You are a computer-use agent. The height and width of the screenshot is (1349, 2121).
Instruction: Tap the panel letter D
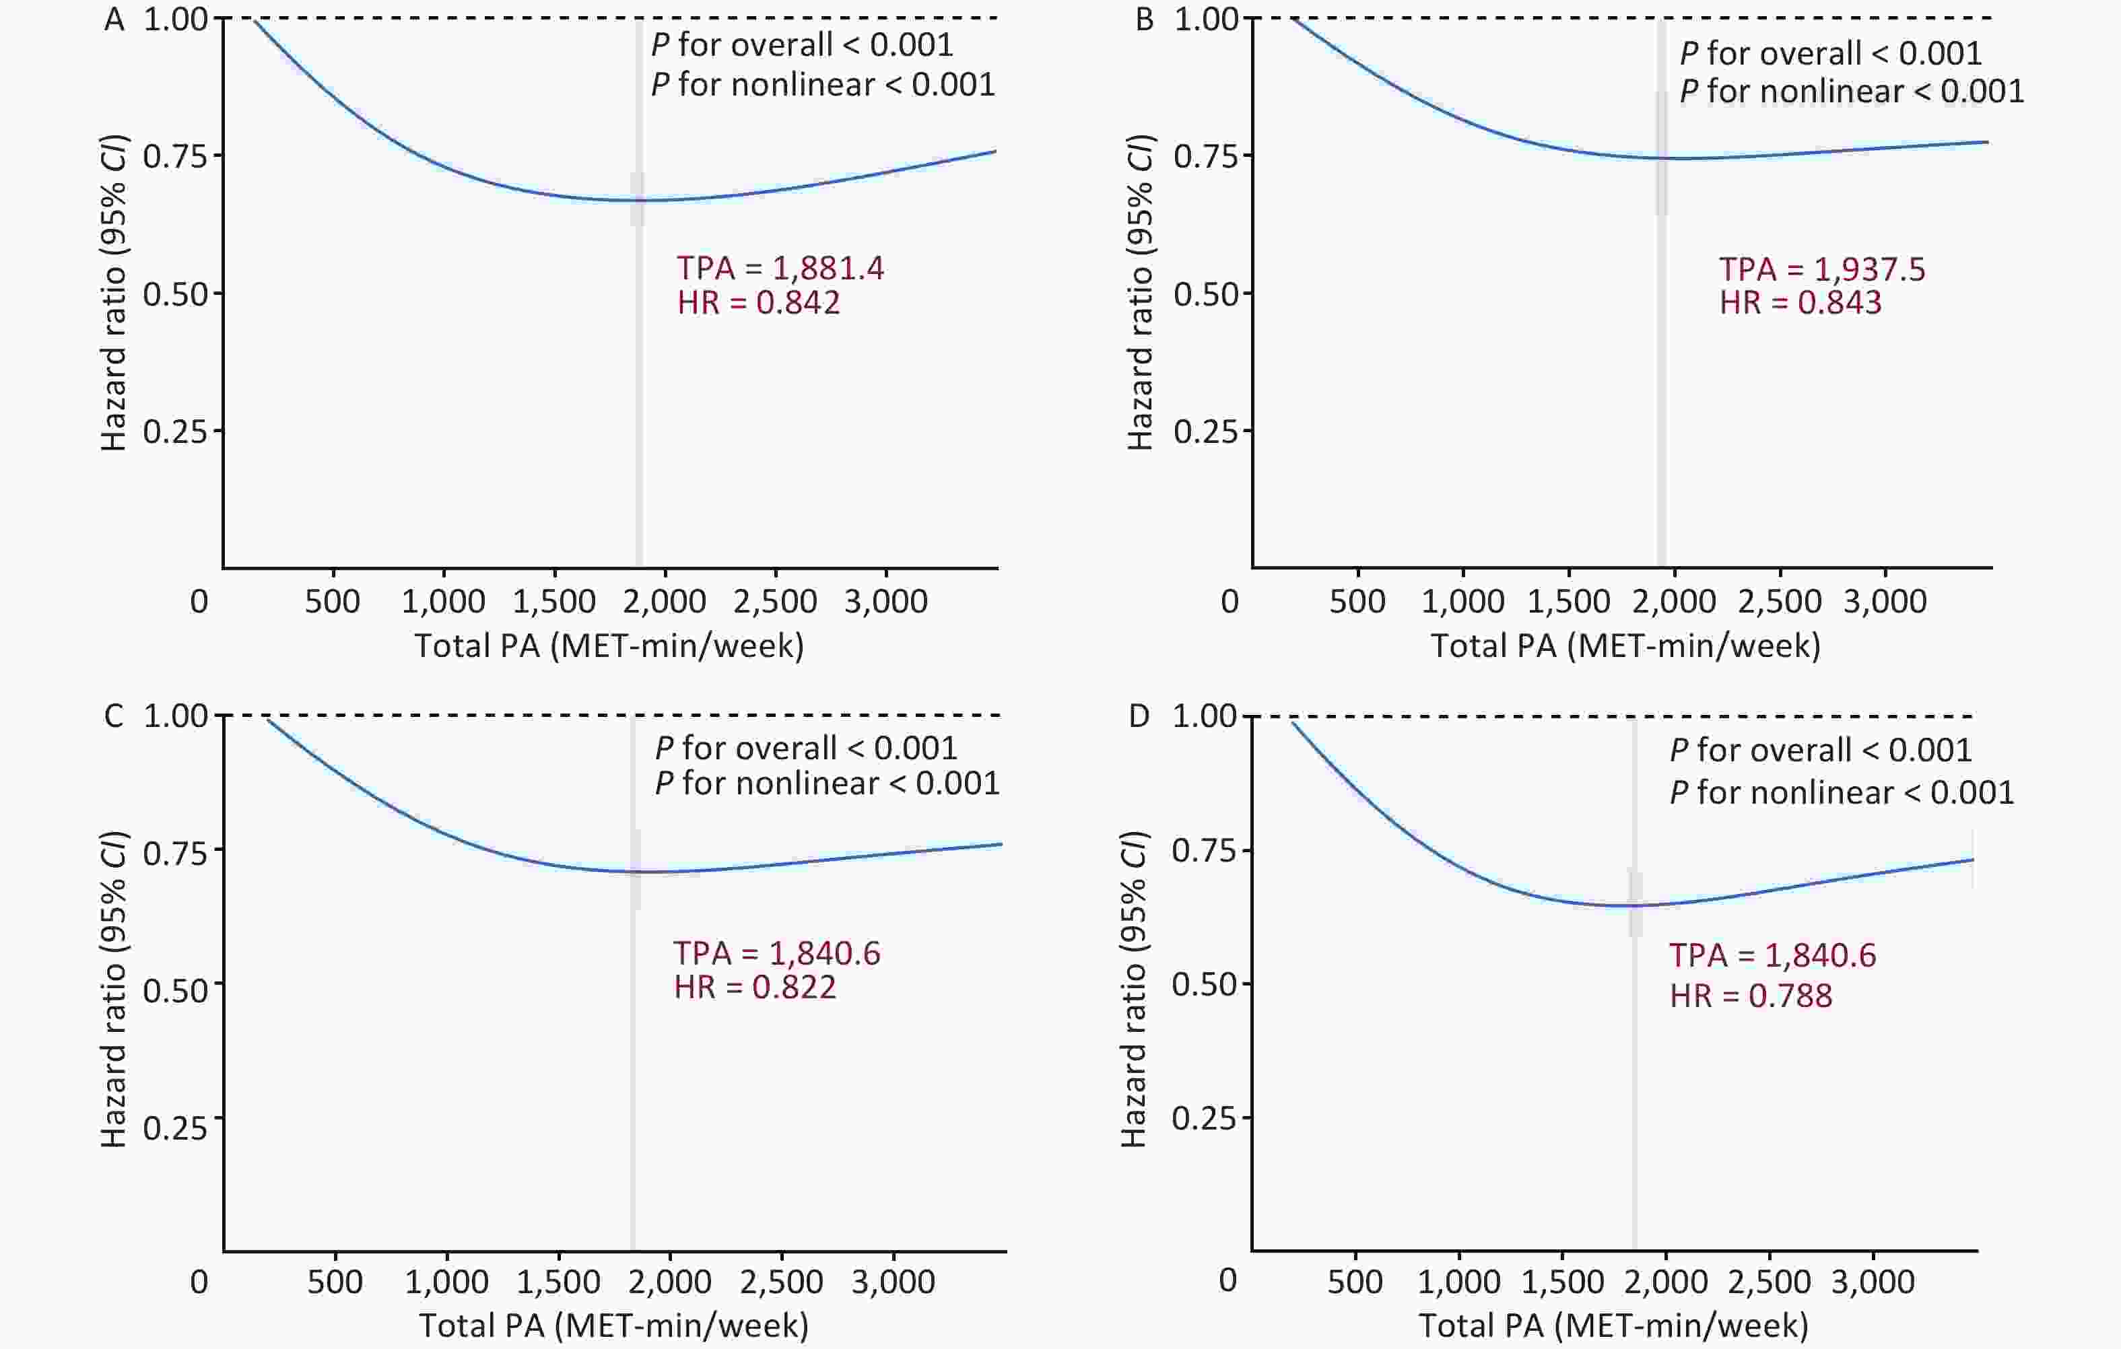coord(1139,716)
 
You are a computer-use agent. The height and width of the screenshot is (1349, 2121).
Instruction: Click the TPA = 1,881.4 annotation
coord(780,268)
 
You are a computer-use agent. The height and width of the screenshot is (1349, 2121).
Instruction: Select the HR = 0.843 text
coord(1800,303)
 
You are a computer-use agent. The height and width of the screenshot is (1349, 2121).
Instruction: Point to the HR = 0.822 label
coord(755,987)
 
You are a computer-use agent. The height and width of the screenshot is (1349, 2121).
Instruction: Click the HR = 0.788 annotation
coord(1751,996)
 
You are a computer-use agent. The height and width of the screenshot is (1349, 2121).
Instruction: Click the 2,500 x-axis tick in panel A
coord(775,601)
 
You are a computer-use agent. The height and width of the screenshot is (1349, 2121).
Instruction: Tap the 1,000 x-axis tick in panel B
coord(1463,601)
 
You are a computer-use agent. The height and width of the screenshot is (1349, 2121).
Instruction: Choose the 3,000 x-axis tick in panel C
coord(893,1281)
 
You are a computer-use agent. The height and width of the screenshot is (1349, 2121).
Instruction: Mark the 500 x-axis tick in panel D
coord(1355,1281)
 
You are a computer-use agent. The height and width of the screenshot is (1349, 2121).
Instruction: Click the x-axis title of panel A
coord(609,646)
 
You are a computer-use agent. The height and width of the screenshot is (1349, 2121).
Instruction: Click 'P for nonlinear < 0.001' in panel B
coord(1852,92)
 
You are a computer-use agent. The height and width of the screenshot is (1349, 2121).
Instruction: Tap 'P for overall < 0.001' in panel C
coord(806,749)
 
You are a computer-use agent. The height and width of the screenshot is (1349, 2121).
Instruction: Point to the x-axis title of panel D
coord(1614,1325)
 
